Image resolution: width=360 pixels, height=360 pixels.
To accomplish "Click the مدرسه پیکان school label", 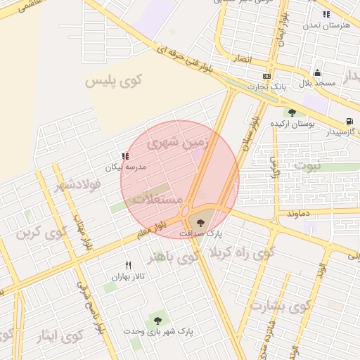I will pos(125,167).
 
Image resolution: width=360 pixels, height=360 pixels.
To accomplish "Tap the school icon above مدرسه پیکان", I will pos(125,157).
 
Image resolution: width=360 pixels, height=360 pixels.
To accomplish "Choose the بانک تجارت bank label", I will pos(266,86).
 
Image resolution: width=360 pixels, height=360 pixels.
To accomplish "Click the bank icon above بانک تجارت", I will pos(266,76).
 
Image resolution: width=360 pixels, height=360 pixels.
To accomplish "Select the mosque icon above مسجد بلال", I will pos(317,73).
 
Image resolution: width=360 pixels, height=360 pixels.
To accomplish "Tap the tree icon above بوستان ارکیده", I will pos(291,112).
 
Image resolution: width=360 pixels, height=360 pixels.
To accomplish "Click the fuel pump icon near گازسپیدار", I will pos(350,121).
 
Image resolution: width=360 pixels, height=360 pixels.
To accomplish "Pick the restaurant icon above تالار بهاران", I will pos(128,265).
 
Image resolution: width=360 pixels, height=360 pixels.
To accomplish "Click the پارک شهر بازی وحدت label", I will pos(157,330).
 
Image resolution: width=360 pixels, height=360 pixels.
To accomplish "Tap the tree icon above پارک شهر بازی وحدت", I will pos(157,321).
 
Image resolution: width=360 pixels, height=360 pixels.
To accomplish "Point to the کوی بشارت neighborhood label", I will pos(280,307).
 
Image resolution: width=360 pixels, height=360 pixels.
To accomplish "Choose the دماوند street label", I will pos(302,210).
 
